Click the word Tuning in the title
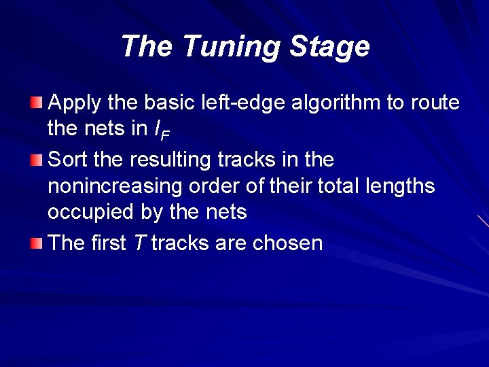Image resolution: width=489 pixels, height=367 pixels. (232, 47)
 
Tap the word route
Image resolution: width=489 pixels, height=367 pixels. (434, 103)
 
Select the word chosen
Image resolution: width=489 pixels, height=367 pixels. (287, 243)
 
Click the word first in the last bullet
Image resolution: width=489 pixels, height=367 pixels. (107, 243)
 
